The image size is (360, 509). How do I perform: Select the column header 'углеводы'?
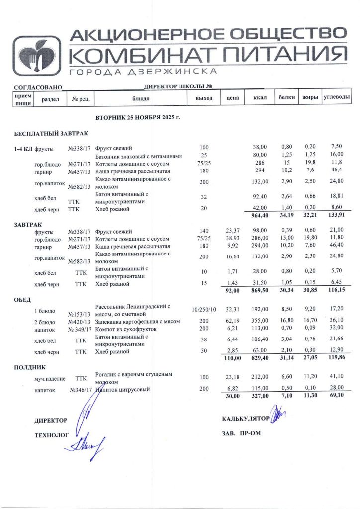[337, 98]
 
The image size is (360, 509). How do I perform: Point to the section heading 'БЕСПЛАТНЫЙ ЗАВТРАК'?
[51, 134]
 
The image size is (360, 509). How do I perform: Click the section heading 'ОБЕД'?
[23, 300]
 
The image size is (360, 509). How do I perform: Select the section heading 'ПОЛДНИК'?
[29, 367]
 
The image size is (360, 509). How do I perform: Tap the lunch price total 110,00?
[231, 358]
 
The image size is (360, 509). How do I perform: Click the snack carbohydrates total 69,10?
[337, 396]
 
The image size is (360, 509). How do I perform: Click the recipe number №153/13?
[79, 314]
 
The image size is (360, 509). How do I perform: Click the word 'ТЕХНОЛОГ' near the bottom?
[51, 435]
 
